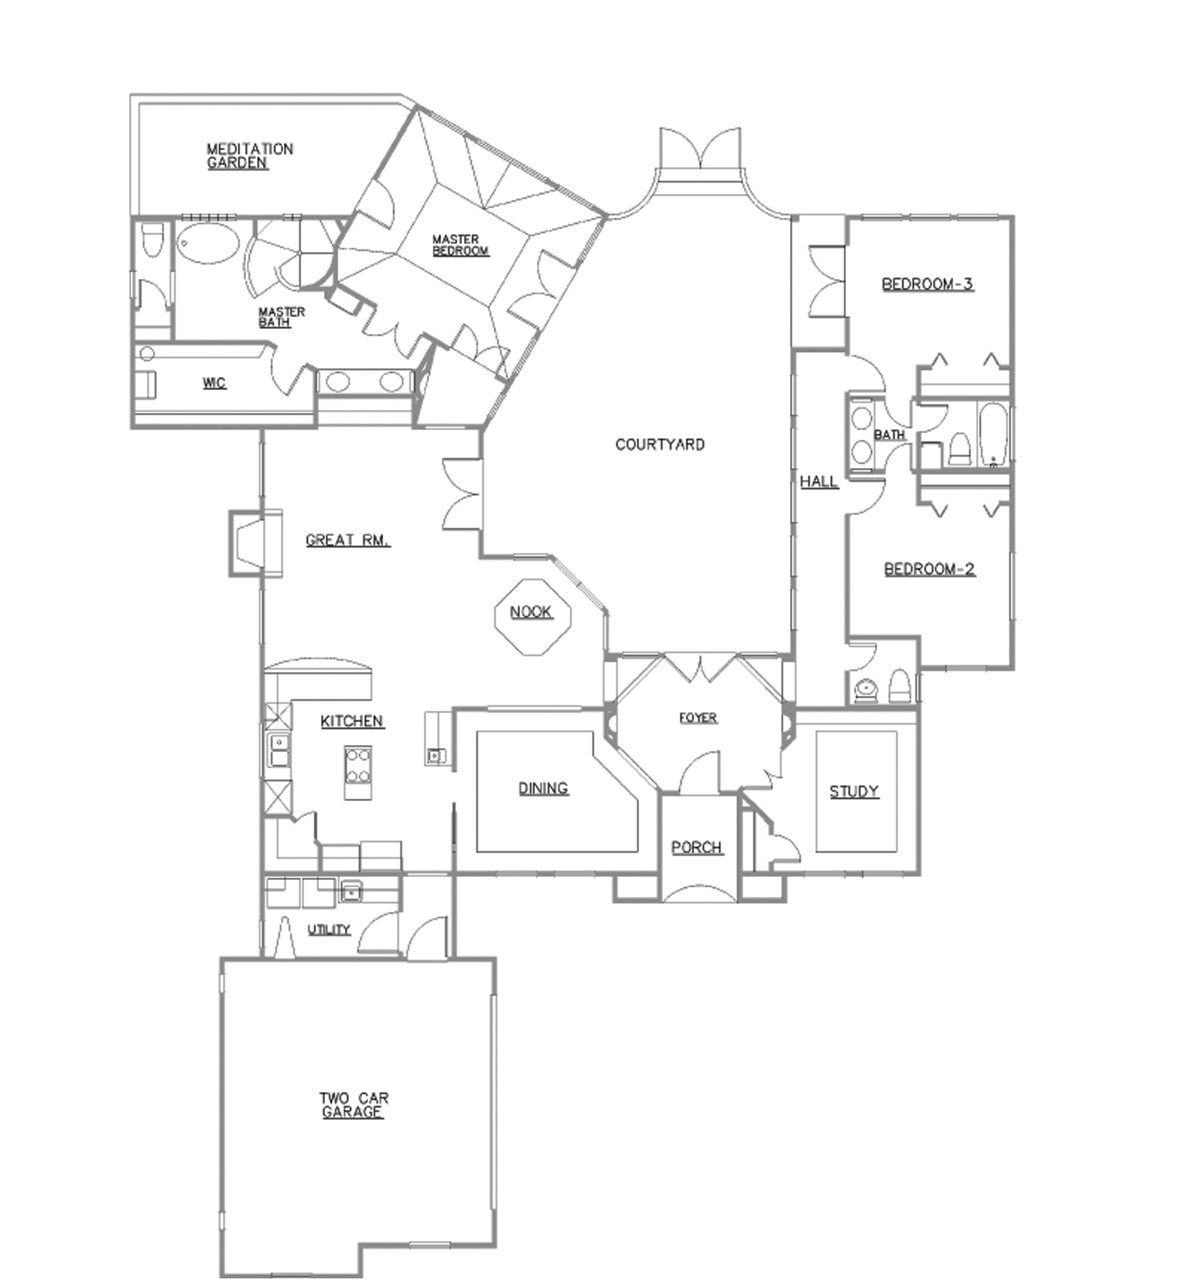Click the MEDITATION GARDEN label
click(249, 156)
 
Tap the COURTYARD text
click(660, 444)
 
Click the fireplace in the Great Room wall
click(254, 543)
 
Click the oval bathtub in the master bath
click(208, 245)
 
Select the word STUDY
click(854, 792)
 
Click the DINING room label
click(543, 789)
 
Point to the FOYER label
click(698, 718)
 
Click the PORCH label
click(697, 848)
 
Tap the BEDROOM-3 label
click(928, 284)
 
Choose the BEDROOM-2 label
click(930, 568)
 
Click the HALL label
click(819, 482)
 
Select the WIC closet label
click(215, 383)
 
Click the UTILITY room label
click(329, 929)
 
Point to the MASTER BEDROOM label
click(460, 245)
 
